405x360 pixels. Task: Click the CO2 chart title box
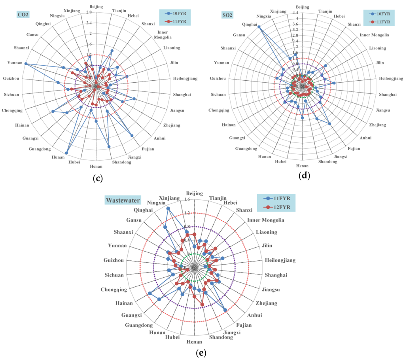23,15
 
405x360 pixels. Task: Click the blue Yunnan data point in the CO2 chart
26,64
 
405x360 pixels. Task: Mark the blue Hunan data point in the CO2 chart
66,153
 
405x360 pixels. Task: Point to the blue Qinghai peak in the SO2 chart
259,27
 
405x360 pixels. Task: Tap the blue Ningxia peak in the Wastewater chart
168,208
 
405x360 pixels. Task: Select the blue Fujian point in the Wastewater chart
225,310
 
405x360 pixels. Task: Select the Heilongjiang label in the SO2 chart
391,78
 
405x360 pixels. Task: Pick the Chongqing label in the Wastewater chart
114,289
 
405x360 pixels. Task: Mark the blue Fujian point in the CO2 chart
132,136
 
